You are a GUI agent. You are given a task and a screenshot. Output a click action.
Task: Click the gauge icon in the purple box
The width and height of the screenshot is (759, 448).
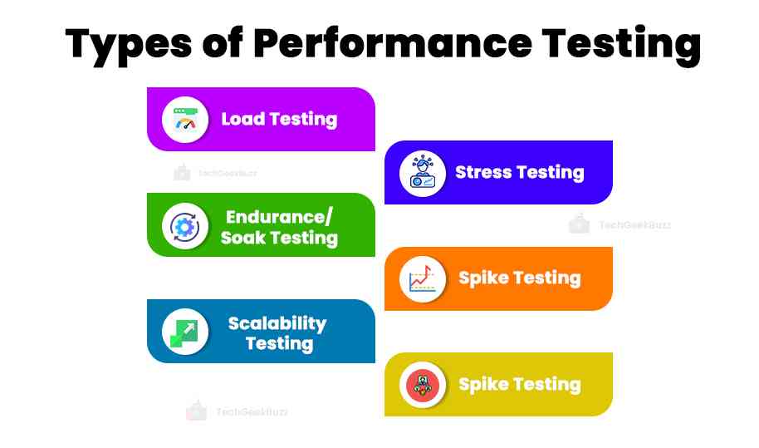point(184,119)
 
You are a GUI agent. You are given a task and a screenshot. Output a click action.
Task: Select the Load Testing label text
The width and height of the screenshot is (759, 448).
point(279,119)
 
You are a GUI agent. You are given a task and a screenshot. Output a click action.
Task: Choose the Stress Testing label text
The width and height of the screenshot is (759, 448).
point(520,173)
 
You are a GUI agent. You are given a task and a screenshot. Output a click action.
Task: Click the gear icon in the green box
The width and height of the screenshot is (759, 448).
point(184,225)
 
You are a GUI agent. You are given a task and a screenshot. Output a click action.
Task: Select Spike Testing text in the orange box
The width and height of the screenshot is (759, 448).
point(520,278)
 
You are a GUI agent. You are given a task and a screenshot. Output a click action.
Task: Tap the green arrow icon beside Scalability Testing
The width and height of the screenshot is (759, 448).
point(184,331)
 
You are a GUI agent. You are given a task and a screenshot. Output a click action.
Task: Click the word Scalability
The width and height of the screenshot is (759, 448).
point(277,322)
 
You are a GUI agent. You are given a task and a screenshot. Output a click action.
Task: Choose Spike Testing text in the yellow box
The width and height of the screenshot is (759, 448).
point(520,385)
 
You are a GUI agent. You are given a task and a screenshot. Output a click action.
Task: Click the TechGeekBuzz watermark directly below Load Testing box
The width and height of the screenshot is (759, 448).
point(216,173)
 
